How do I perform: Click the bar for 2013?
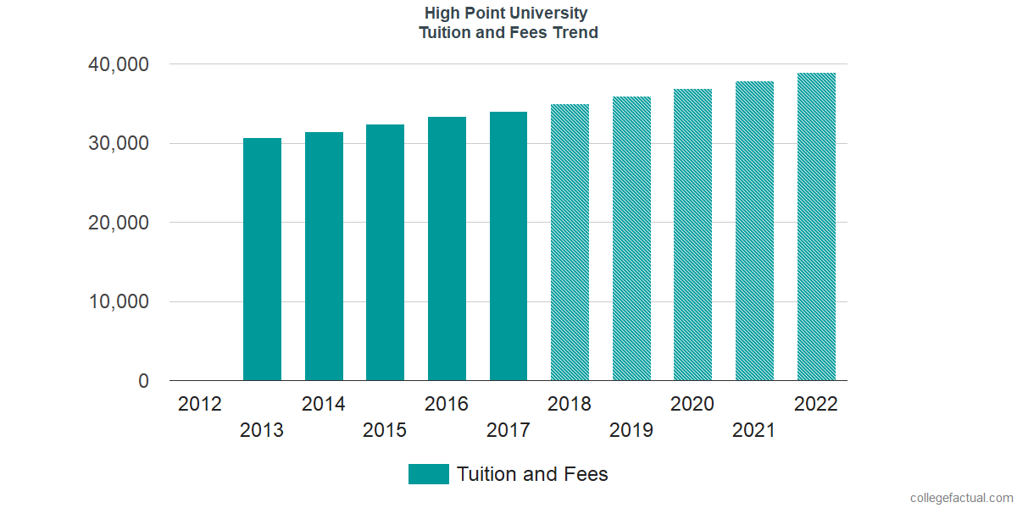[x=262, y=259]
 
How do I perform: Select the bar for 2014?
[x=324, y=257]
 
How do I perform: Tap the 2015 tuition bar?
[x=385, y=252]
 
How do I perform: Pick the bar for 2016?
[x=447, y=249]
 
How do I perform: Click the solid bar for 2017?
[x=508, y=246]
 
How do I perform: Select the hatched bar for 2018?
[x=570, y=242]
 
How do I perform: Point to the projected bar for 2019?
[x=631, y=239]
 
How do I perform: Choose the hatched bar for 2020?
[x=692, y=235]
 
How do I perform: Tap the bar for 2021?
[x=754, y=231]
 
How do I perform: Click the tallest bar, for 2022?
[x=816, y=227]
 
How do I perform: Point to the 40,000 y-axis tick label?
[x=119, y=64]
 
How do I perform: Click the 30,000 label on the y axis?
[x=119, y=144]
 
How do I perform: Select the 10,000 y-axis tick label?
[x=119, y=302]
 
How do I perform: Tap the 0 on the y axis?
[x=144, y=382]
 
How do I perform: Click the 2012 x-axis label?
[x=200, y=404]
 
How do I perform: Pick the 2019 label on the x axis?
[x=631, y=430]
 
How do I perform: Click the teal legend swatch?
[x=428, y=474]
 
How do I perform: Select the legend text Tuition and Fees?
[x=532, y=474]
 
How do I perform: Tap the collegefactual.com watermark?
[x=961, y=498]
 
